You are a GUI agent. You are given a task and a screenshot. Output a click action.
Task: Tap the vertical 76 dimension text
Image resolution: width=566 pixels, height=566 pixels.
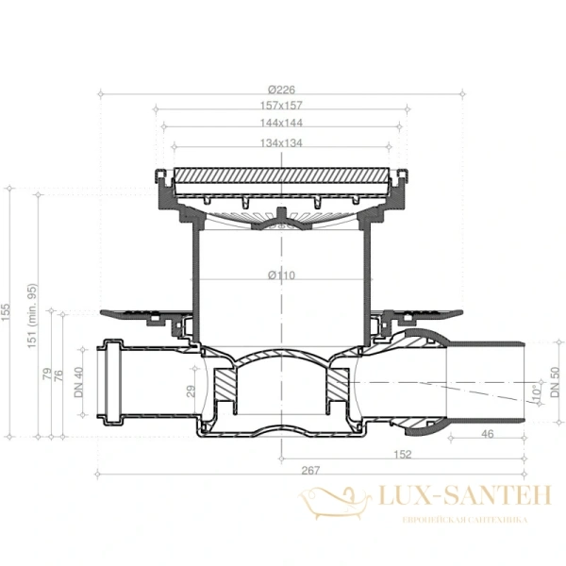58,376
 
